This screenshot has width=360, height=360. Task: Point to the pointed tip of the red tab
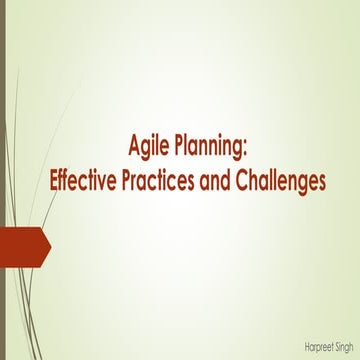(50, 244)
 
